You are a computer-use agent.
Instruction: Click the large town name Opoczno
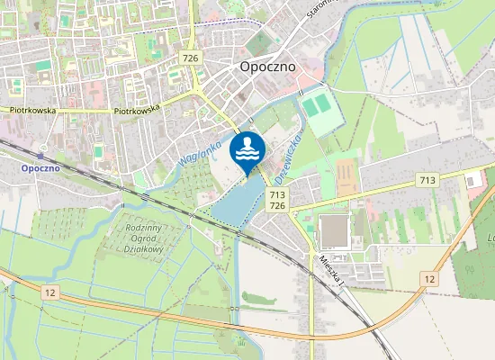[x=269, y=66]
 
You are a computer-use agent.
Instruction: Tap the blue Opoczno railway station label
[x=40, y=168]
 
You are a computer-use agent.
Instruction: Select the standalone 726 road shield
[x=190, y=58]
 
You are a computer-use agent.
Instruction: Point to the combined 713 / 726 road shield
[x=277, y=200]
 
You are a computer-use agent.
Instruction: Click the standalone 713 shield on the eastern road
[x=427, y=181]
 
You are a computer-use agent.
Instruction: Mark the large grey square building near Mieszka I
[x=334, y=231]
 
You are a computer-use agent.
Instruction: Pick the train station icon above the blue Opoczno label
[x=40, y=156]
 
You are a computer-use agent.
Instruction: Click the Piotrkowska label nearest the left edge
[x=33, y=111]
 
